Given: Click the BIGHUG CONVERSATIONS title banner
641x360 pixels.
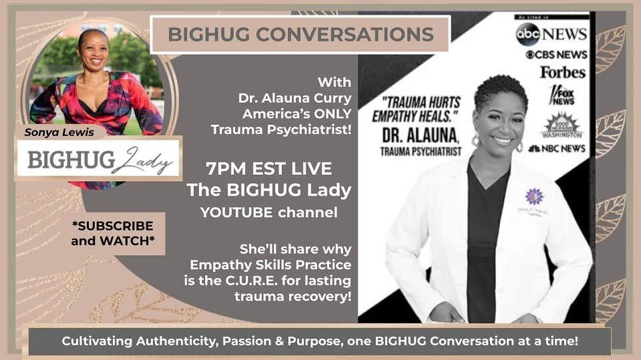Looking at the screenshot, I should [300, 34].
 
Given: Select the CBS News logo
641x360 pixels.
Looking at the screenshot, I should [556, 55].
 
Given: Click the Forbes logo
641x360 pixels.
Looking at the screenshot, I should [563, 71].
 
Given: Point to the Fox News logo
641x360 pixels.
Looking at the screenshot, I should [561, 95].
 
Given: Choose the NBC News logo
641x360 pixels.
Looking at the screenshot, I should [557, 148].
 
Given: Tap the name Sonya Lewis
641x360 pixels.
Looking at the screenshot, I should [61, 132].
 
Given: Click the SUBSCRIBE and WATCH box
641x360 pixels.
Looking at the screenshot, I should [112, 233].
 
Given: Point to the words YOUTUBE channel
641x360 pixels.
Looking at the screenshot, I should [269, 213].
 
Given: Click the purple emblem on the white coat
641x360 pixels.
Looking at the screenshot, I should [533, 196].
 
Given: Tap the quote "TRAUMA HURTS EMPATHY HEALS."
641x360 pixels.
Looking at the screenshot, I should [421, 109].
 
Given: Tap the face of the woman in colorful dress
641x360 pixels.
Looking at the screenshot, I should [94, 49].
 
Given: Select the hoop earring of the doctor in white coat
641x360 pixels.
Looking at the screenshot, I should [475, 141].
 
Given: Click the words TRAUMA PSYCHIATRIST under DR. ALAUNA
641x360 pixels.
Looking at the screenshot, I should [421, 152].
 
